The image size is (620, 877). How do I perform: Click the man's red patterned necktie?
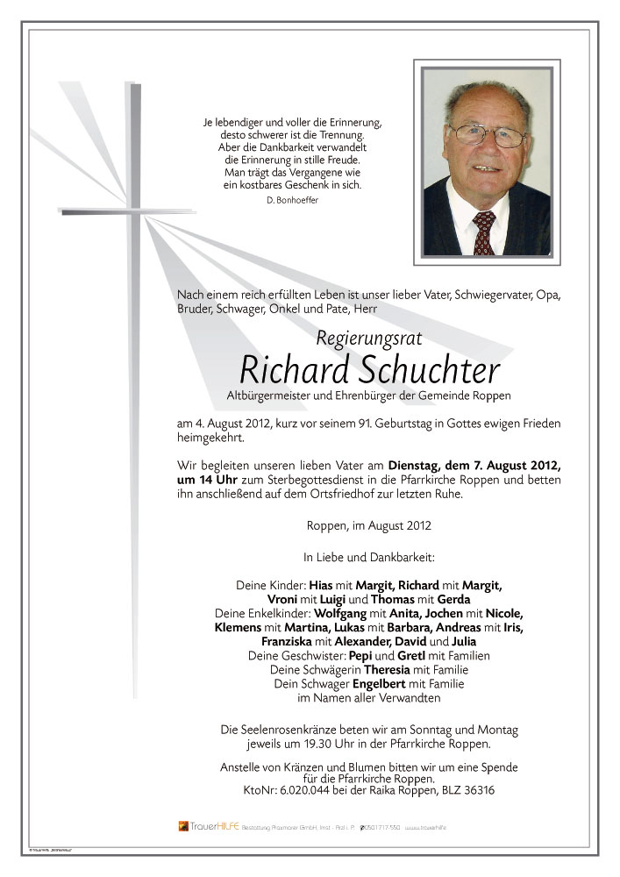pos(484,232)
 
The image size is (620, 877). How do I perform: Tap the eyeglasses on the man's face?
pos(488,136)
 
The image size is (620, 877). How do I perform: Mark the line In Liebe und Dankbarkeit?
pos(368,557)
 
